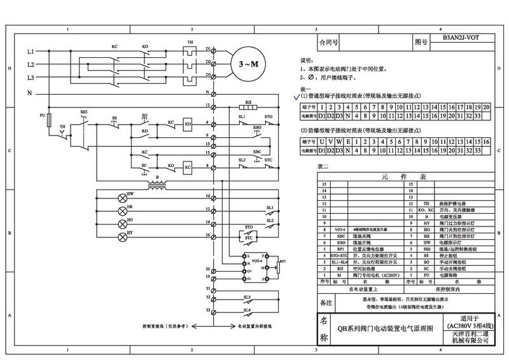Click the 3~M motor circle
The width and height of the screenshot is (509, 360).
(x=247, y=65)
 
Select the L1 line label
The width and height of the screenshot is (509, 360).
(x=30, y=50)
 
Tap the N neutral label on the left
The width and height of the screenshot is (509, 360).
(x=30, y=93)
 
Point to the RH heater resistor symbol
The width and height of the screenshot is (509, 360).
(x=250, y=108)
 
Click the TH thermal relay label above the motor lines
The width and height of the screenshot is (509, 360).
(x=189, y=43)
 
